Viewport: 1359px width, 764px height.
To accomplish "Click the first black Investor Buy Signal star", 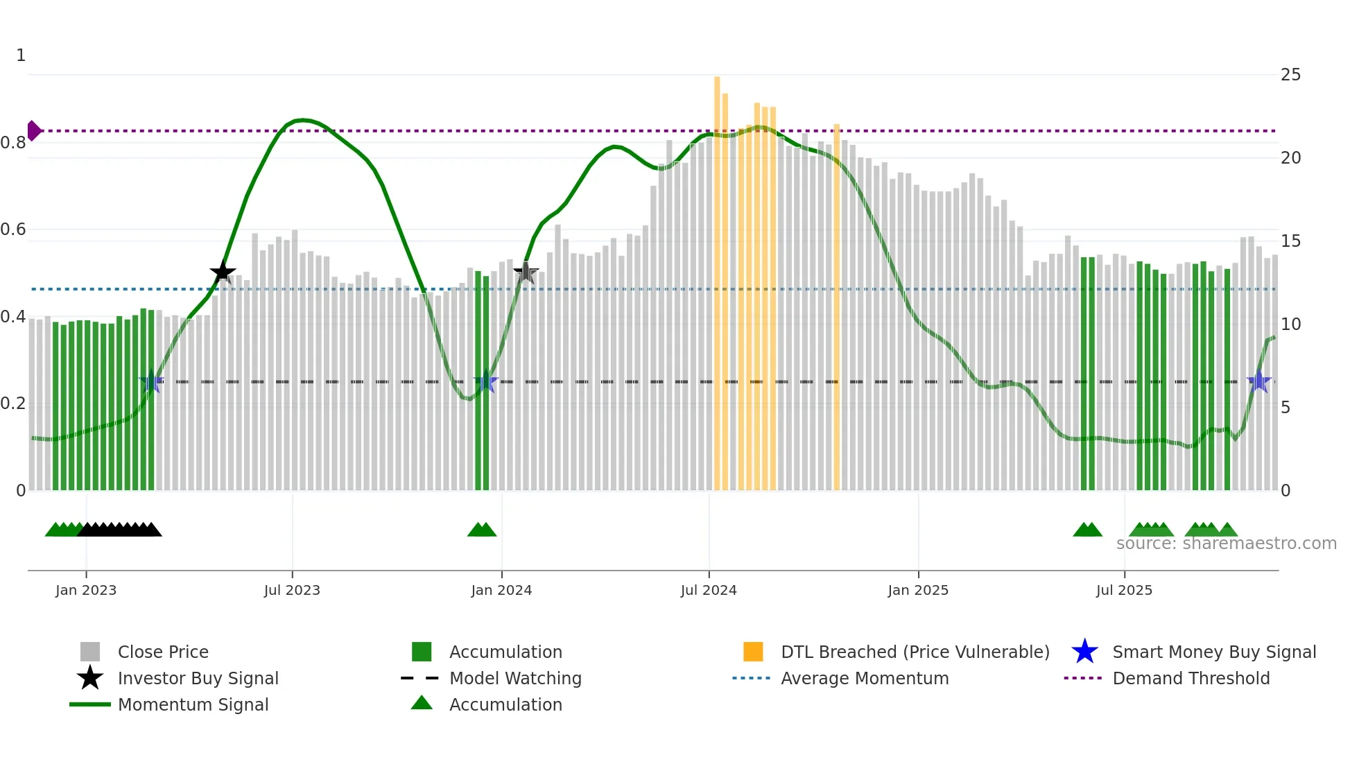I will (223, 272).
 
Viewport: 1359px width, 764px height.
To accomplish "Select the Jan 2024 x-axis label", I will (501, 591).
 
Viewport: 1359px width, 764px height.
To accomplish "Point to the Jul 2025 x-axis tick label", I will (1124, 591).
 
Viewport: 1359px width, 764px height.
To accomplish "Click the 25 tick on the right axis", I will (1290, 75).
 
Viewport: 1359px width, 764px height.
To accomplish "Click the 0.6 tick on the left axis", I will (13, 229).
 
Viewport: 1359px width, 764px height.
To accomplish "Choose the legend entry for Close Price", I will (163, 652).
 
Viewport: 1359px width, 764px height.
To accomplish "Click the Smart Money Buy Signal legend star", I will (1084, 652).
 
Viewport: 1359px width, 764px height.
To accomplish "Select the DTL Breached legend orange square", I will (753, 652).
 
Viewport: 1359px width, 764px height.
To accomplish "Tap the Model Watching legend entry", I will (515, 679).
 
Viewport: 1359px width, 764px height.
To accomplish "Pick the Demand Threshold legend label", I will (1191, 679).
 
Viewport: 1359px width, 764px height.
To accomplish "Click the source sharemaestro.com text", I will (1226, 544).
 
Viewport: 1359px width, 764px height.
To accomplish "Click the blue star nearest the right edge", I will (1259, 382).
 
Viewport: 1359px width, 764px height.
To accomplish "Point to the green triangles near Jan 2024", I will (482, 530).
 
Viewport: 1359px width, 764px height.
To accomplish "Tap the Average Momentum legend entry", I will (864, 679).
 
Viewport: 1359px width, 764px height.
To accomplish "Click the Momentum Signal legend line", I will (90, 705).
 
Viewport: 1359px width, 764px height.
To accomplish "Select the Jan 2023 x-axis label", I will (86, 591).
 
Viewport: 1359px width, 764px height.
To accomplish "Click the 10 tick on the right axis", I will (1290, 324).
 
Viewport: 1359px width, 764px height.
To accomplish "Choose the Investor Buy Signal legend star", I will (90, 679).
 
